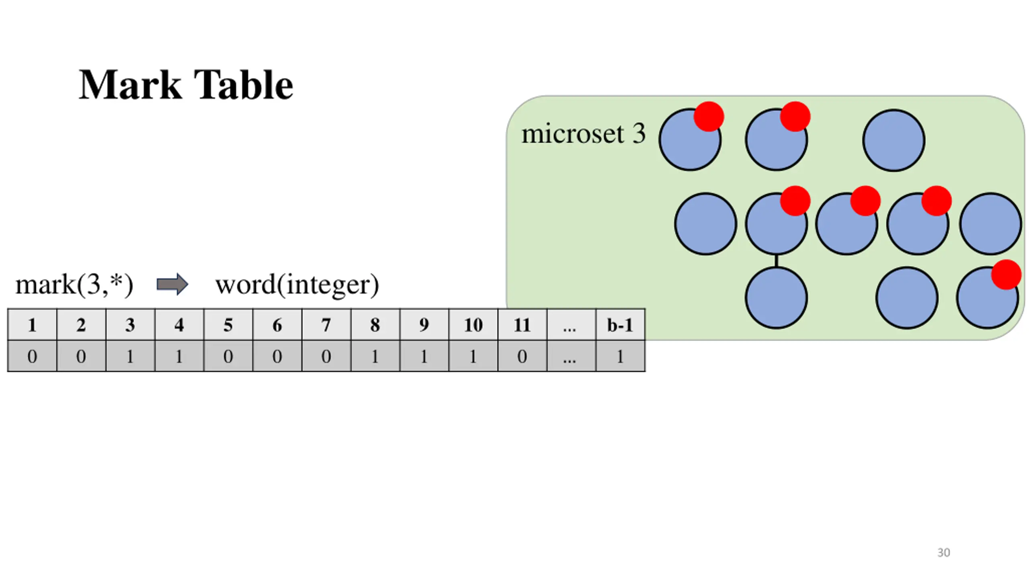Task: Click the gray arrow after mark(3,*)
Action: (172, 284)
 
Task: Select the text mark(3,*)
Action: (74, 285)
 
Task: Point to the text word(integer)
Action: (297, 285)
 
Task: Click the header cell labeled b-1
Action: (620, 324)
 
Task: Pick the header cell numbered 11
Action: (522, 324)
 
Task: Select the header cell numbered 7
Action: (326, 324)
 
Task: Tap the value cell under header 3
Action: (130, 356)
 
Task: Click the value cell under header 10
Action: (473, 356)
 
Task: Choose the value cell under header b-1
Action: (620, 356)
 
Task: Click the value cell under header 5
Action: (228, 356)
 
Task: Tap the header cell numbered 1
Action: (32, 324)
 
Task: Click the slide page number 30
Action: (943, 552)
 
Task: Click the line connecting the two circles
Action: (776, 261)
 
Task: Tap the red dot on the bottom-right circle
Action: (1006, 275)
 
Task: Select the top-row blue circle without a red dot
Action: (894, 140)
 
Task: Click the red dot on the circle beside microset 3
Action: (709, 117)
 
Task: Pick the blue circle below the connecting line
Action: (776, 298)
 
